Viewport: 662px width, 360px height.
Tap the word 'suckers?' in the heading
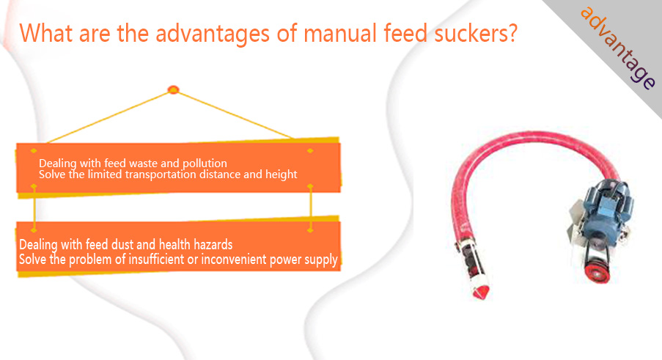(x=476, y=33)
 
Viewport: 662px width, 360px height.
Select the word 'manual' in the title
(x=340, y=33)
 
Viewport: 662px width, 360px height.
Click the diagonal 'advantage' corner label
(x=618, y=47)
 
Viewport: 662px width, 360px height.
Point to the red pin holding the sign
(x=174, y=89)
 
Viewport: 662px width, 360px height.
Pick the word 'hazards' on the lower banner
(x=213, y=244)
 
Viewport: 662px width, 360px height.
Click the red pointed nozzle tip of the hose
(x=482, y=292)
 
